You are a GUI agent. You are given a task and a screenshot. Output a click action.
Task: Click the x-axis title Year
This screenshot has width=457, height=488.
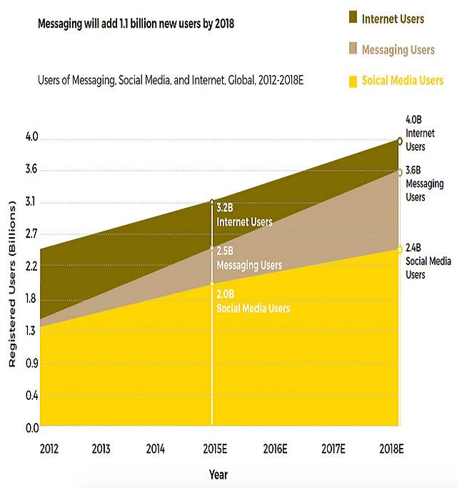click(218, 473)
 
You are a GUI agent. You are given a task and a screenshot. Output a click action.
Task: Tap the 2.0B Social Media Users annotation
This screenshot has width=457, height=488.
click(253, 302)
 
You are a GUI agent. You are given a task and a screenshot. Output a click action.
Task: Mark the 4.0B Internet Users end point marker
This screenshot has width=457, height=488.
click(399, 141)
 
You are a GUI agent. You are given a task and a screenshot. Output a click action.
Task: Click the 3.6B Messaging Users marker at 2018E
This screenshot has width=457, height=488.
click(399, 171)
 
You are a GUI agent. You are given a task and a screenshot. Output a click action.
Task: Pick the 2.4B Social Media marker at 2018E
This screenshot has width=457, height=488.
click(399, 249)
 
